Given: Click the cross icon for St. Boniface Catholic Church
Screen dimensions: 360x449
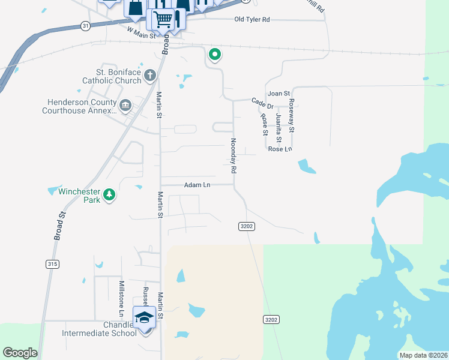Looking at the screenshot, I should (149, 75).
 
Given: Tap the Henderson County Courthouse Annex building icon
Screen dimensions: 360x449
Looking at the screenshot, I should (125, 106).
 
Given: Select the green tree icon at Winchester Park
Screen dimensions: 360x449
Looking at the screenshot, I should (109, 195).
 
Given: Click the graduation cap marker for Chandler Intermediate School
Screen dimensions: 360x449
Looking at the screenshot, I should (144, 317).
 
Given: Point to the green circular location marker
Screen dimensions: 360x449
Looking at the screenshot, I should (214, 55).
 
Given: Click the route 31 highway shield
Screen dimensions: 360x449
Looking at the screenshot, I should (85, 26).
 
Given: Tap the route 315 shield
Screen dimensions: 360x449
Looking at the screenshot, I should (52, 263).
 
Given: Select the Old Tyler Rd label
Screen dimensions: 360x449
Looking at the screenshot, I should (252, 20).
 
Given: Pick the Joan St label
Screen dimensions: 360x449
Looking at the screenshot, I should (279, 94).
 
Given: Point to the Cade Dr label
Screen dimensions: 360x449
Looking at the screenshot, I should (262, 103).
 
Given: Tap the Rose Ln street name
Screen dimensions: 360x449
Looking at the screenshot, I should (280, 149).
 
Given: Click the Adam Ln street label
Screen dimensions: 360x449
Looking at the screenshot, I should (197, 185).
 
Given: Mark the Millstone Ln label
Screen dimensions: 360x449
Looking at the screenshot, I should (121, 298).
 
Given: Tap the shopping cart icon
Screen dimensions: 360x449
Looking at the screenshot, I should (163, 19).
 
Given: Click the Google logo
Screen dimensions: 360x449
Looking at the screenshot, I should (20, 353).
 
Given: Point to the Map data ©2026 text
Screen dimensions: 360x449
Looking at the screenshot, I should (423, 355).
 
